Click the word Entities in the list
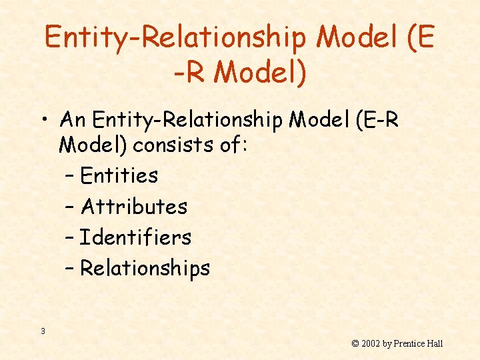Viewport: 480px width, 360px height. (x=119, y=176)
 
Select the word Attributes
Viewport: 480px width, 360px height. (x=134, y=207)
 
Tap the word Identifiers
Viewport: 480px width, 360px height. (x=135, y=237)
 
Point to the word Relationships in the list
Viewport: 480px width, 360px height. (x=145, y=269)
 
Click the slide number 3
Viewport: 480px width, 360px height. (x=43, y=331)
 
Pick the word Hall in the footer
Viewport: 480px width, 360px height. (x=435, y=344)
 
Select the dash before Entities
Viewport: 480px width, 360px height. (x=71, y=177)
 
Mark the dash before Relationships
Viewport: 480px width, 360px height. (x=71, y=269)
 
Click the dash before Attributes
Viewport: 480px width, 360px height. (x=71, y=207)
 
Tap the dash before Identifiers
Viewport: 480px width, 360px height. (x=71, y=238)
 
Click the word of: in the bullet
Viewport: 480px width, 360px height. (x=233, y=145)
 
